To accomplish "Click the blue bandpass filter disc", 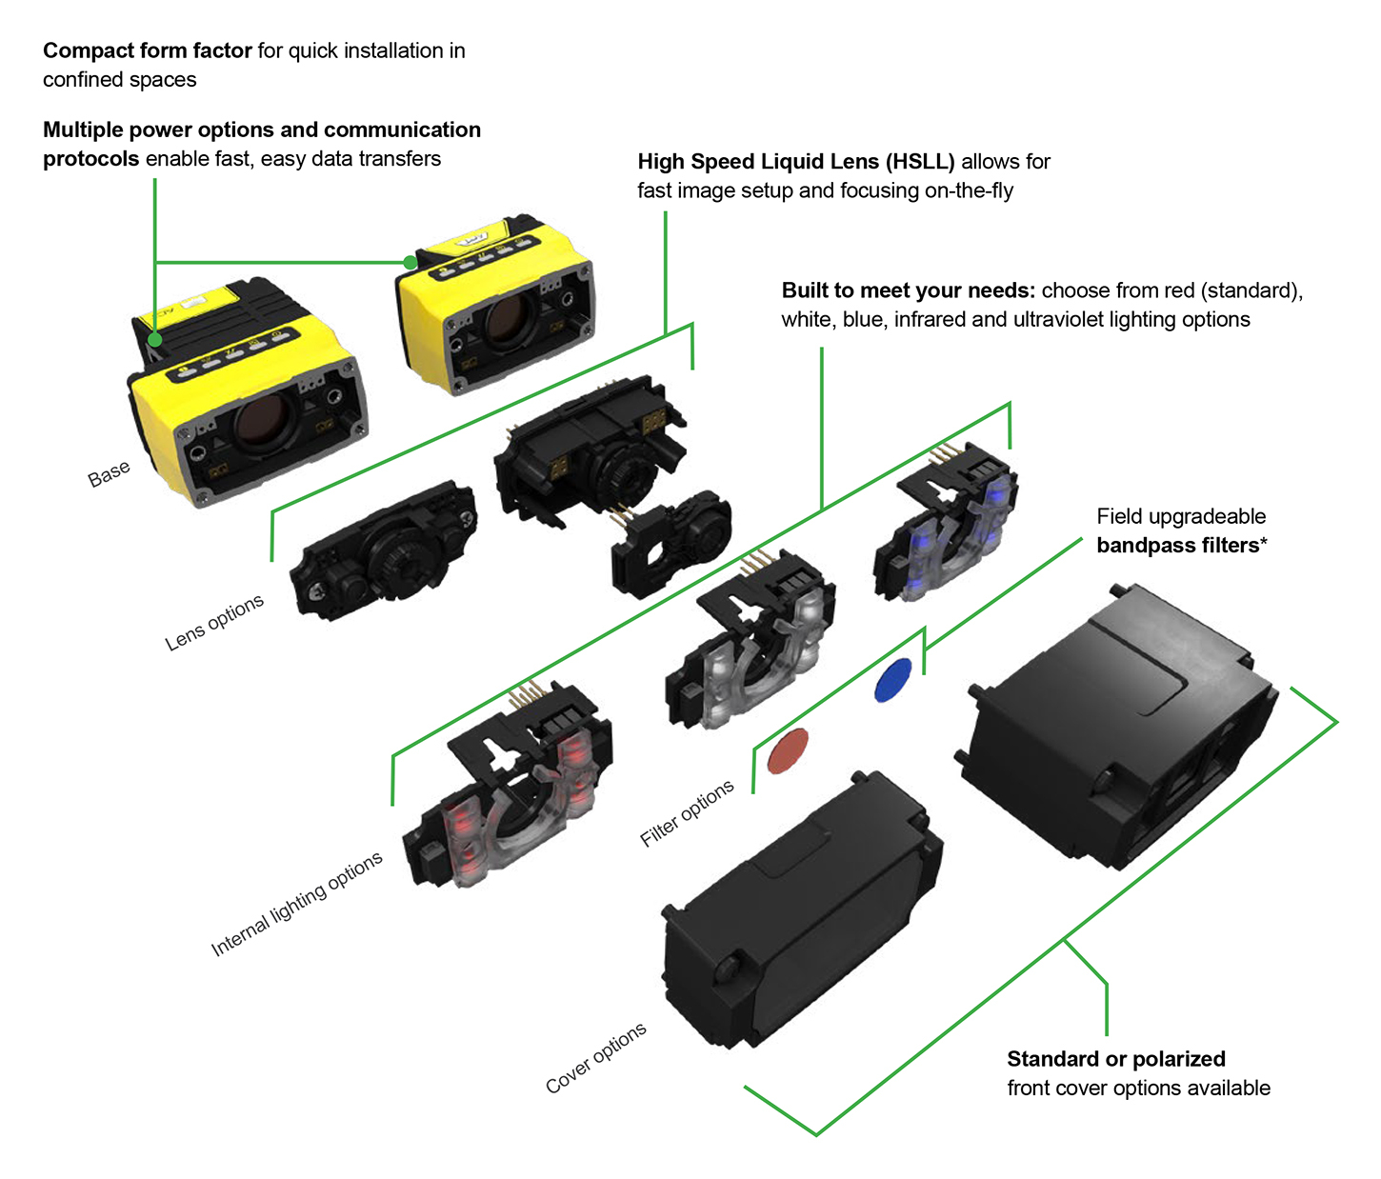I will [892, 680].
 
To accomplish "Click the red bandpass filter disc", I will [788, 750].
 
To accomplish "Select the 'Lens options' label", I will [214, 623].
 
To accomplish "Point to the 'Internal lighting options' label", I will [296, 903].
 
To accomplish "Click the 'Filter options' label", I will [687, 812].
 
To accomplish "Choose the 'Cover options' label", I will [596, 1057].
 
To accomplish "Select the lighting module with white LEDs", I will [752, 648].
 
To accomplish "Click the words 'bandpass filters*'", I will [1182, 546].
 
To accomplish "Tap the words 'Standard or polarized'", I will [1116, 1059].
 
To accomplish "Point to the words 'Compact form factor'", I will [148, 50].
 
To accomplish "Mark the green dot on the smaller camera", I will [410, 262].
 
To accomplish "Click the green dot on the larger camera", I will [154, 338].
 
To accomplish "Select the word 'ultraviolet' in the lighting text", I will [1058, 320].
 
